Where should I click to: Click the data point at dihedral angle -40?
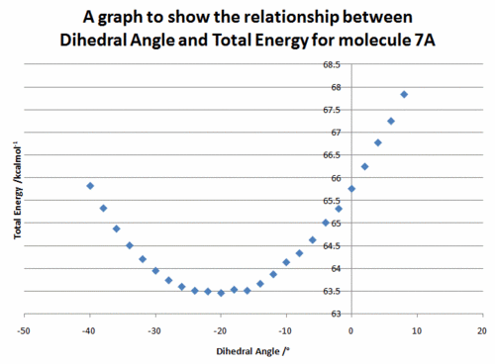pyautogui.click(x=90, y=186)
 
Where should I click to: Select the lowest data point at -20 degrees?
pyautogui.click(x=221, y=293)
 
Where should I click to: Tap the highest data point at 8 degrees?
pyautogui.click(x=404, y=95)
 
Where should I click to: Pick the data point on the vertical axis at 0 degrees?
pyautogui.click(x=351, y=189)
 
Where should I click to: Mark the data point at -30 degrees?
pyautogui.click(x=155, y=271)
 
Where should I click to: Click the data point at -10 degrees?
pyautogui.click(x=286, y=262)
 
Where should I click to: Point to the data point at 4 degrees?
pyautogui.click(x=378, y=142)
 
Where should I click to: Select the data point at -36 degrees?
pyautogui.click(x=116, y=228)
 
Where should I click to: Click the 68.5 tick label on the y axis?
pyautogui.click(x=332, y=64)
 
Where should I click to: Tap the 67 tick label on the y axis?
pyautogui.click(x=336, y=133)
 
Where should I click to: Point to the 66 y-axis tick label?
pyautogui.click(x=336, y=178)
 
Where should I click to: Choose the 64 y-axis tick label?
pyautogui.click(x=336, y=269)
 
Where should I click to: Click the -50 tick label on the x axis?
pyautogui.click(x=24, y=330)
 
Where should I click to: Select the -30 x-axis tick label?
pyautogui.click(x=154, y=330)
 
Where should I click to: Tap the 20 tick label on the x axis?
pyautogui.click(x=482, y=330)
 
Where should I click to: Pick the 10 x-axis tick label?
pyautogui.click(x=417, y=330)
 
